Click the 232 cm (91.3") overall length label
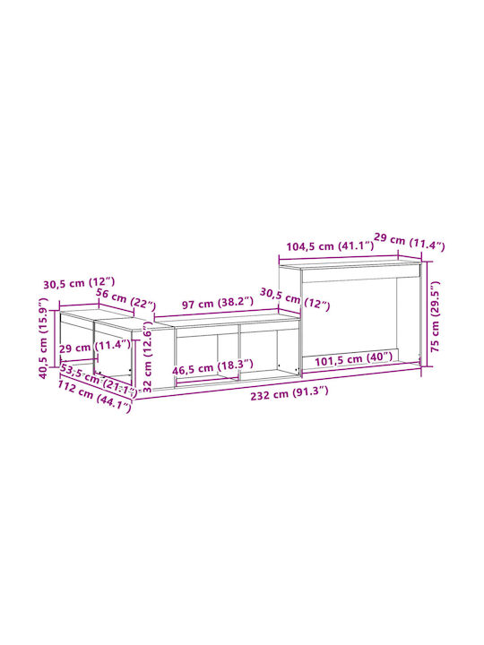290,393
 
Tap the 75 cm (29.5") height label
435,316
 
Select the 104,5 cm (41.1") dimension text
330,246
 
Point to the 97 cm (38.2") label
218,304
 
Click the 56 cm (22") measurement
125,299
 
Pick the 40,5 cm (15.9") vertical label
43,344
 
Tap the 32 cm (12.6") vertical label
147,357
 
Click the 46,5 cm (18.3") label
212,367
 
